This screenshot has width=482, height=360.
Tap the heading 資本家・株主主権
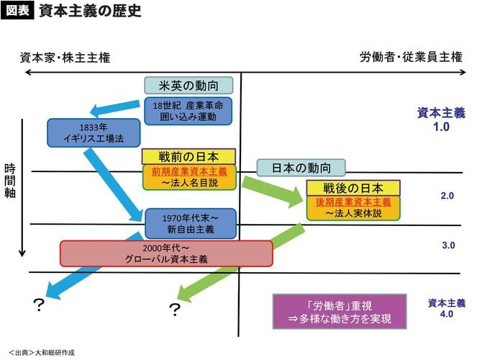pyautogui.click(x=65, y=57)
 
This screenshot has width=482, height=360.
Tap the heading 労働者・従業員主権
pyautogui.click(x=411, y=57)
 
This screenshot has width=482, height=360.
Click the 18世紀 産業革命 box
pyautogui.click(x=188, y=111)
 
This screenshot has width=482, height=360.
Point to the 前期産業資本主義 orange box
pyautogui.click(x=188, y=178)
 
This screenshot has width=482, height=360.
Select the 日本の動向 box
pyautogui.click(x=301, y=168)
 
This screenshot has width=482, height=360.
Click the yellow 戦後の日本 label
pyautogui.click(x=353, y=188)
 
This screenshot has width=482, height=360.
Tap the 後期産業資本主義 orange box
pyautogui.click(x=353, y=208)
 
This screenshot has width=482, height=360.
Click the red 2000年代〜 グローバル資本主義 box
pyautogui.click(x=166, y=253)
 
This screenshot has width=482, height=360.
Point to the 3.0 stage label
pyautogui.click(x=448, y=246)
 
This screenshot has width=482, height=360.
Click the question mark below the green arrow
pyautogui.click(x=173, y=310)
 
